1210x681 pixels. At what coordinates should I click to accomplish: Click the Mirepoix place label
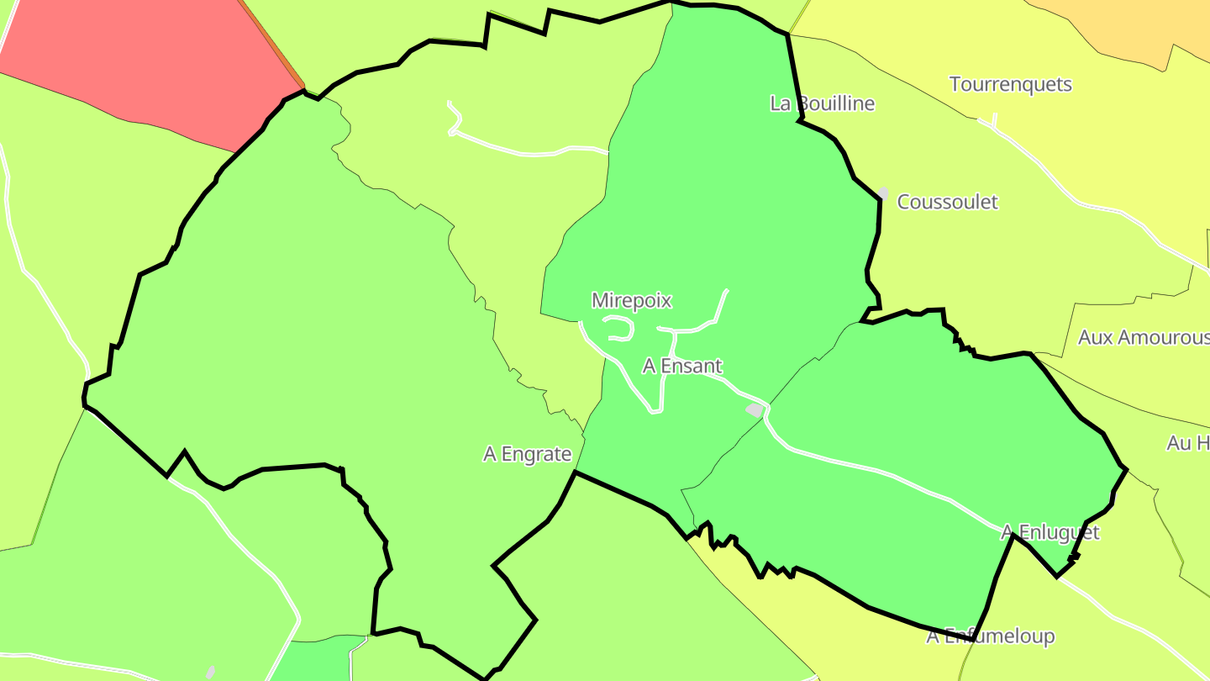632,300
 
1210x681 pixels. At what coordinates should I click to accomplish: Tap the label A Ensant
682,366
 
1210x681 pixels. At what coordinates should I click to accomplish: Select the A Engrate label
527,454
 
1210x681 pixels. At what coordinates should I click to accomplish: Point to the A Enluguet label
1050,532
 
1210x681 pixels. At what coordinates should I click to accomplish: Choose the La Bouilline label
822,103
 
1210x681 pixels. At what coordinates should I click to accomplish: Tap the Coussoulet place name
947,202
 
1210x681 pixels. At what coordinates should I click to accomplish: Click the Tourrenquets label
1010,84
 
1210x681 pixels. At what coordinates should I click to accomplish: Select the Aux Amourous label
1143,337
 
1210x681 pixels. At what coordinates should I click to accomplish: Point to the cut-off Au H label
1188,443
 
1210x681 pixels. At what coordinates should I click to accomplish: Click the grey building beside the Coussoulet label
883,193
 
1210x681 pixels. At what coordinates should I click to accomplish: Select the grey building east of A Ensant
755,409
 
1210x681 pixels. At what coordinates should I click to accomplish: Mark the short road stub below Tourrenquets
995,122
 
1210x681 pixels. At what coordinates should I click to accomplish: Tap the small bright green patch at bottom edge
315,660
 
